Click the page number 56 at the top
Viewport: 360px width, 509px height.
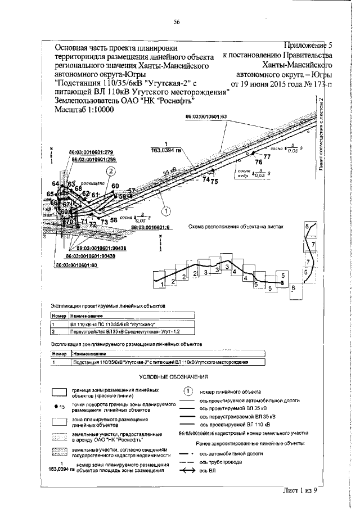coord(177,22)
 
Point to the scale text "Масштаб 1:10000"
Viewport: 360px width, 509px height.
coord(84,110)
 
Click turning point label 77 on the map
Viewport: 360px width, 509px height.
coord(267,157)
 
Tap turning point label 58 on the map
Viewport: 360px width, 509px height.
coord(114,220)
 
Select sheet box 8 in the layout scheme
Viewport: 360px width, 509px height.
coord(308,226)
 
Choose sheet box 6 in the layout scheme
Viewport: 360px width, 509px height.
coord(294,288)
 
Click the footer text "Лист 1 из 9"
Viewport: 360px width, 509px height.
coord(300,490)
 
